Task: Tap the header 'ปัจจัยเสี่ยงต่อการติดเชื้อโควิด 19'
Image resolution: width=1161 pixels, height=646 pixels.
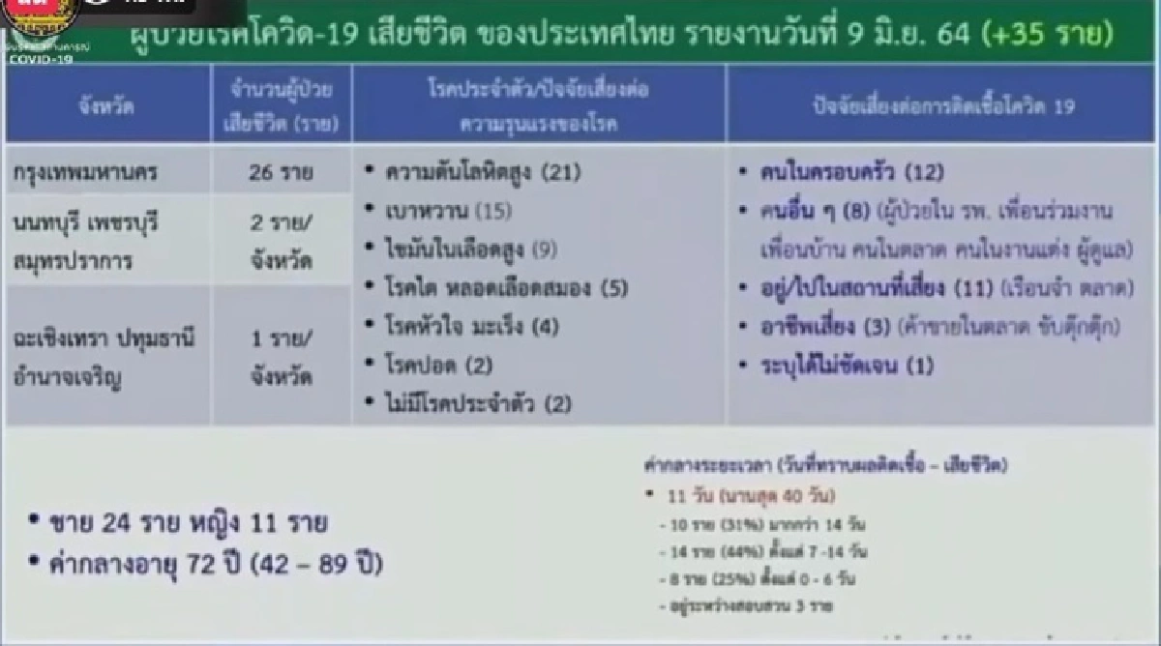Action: [943, 107]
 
